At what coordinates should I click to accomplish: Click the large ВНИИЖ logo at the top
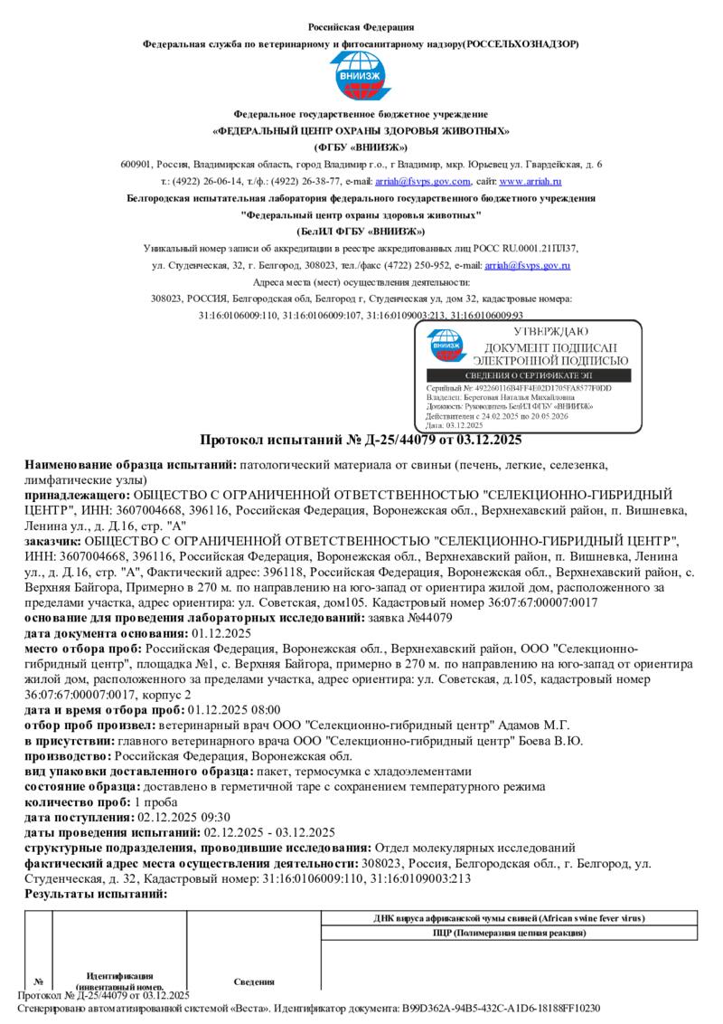pos(361,76)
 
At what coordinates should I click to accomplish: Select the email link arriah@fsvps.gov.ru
pos(527,265)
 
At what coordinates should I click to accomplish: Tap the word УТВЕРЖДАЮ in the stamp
pos(550,332)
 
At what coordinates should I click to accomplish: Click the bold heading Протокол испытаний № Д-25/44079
pos(361,439)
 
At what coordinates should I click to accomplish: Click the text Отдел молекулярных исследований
pos(474,848)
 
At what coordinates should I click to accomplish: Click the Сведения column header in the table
pos(254,981)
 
